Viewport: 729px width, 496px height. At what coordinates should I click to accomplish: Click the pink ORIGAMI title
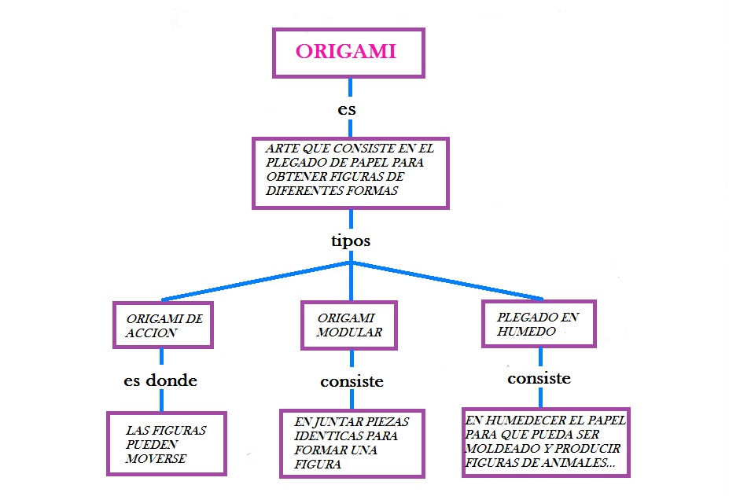tap(346, 52)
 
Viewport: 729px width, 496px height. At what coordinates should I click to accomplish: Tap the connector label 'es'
tap(347, 110)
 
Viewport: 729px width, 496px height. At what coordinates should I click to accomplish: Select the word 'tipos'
tap(350, 241)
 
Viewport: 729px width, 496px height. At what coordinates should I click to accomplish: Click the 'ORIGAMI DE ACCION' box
tap(164, 325)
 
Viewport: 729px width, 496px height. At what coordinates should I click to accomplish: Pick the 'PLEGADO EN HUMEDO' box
tap(539, 324)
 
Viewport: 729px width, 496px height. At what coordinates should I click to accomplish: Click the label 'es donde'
tap(160, 380)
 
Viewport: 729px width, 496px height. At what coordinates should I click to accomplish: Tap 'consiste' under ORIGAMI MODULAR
tap(352, 382)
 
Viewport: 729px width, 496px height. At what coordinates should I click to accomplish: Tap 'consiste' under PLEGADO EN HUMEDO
tap(539, 378)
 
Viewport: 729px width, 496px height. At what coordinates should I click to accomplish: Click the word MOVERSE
tap(156, 458)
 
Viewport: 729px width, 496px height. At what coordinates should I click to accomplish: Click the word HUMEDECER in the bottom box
tap(520, 421)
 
